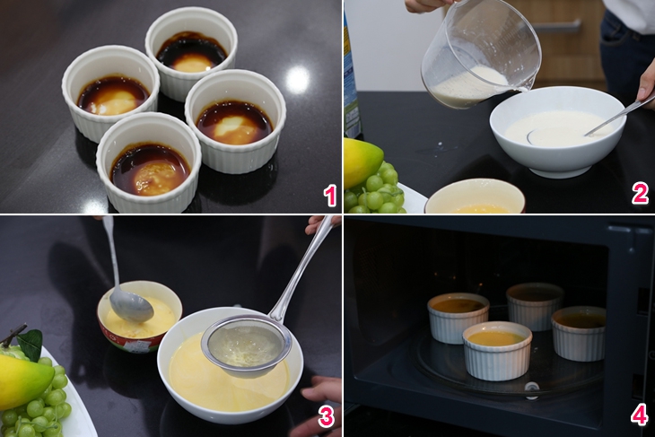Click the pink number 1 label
point(330,197)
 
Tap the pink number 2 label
point(640,194)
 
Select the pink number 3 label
point(327,416)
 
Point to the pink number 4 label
point(639,415)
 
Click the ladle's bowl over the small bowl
point(132,305)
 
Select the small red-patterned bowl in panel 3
point(139,316)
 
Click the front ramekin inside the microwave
point(497,350)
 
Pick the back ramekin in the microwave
point(535,305)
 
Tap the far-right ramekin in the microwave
point(579,333)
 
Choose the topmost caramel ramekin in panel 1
point(191,52)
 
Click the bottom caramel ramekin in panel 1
point(149,162)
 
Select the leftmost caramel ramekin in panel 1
point(110,92)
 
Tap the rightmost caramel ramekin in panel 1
point(235,120)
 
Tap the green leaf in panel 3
point(31,344)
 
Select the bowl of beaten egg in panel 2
point(475,197)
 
